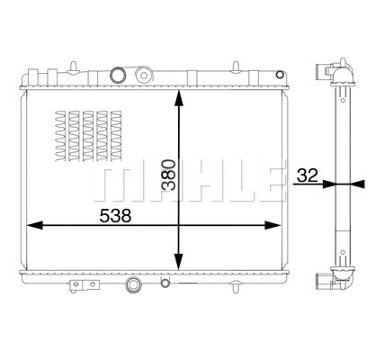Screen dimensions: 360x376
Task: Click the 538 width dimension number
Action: click(115, 216)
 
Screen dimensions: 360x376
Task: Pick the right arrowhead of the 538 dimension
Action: click(278, 225)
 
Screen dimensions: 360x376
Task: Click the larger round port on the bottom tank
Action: click(133, 287)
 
